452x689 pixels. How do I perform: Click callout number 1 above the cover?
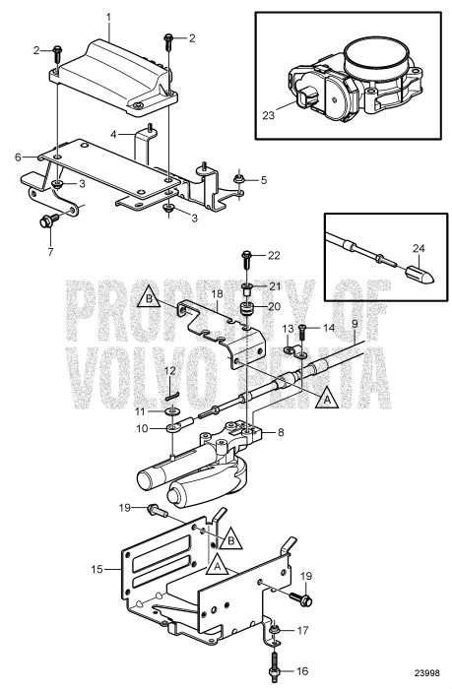pos(108,17)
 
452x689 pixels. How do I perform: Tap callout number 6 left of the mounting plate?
pos(18,157)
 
